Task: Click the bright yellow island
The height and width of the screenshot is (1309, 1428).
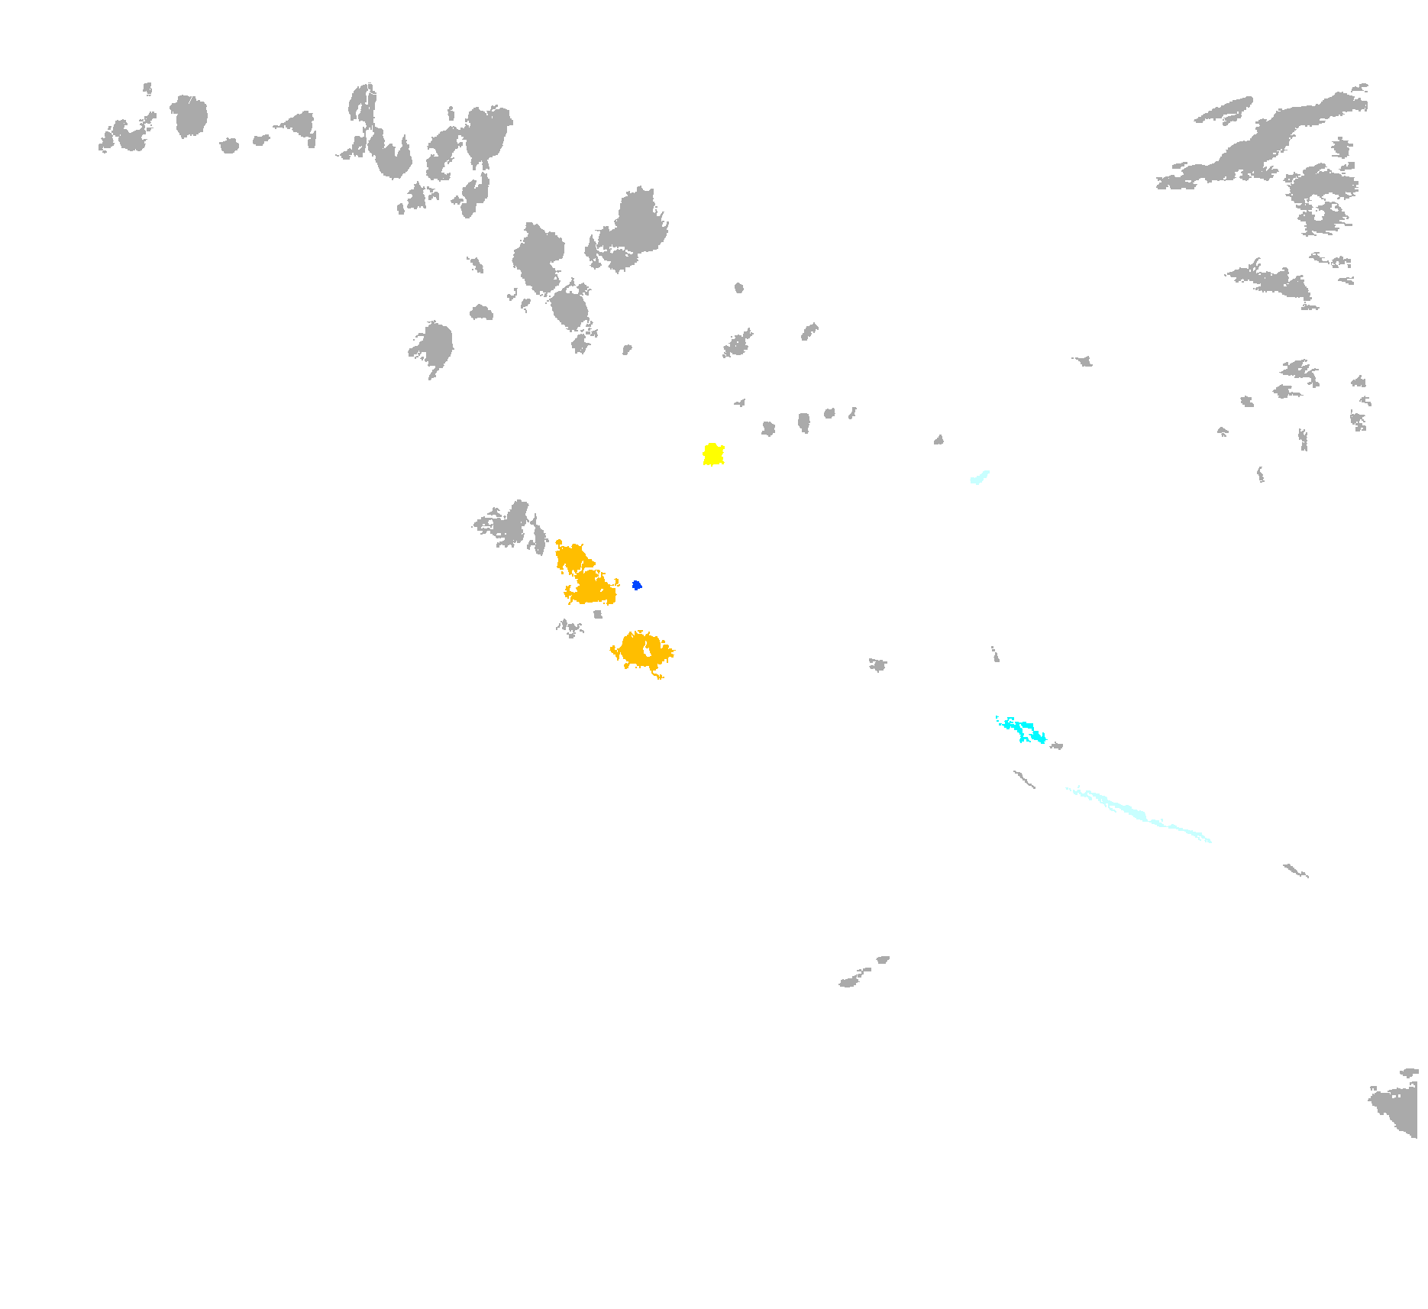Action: click(713, 454)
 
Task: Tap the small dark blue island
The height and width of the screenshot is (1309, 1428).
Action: click(636, 585)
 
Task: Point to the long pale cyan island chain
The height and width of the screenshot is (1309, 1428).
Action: click(1138, 814)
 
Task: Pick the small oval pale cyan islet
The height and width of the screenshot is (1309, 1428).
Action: click(979, 477)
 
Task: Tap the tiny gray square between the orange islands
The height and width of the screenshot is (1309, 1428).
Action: click(598, 614)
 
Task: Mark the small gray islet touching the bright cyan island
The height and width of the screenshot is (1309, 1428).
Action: click(1057, 745)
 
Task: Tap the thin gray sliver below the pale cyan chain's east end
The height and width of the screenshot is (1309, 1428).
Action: click(1296, 871)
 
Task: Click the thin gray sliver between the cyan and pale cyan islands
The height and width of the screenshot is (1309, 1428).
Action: click(1024, 779)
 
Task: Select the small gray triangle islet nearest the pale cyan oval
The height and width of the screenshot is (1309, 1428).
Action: click(939, 440)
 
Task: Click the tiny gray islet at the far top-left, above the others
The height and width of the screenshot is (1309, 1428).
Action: click(147, 89)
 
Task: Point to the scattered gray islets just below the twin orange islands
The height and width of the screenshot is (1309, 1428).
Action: click(570, 629)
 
